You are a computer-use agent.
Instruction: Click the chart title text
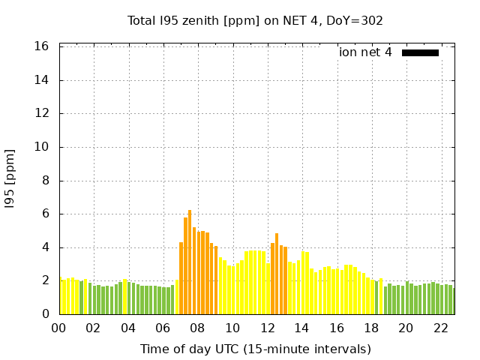point(255,21)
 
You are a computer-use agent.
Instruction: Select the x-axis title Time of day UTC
point(255,349)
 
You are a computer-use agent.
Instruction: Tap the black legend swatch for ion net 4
point(420,52)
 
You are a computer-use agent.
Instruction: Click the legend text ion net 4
point(365,52)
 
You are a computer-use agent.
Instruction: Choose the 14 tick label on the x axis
point(301,328)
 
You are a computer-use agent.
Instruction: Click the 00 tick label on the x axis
point(59,328)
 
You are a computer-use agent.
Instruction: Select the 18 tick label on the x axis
point(371,328)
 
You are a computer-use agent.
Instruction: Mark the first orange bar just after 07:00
point(181,278)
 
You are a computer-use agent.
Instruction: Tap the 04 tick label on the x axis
point(128,328)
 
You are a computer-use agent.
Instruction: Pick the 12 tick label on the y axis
point(42,113)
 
